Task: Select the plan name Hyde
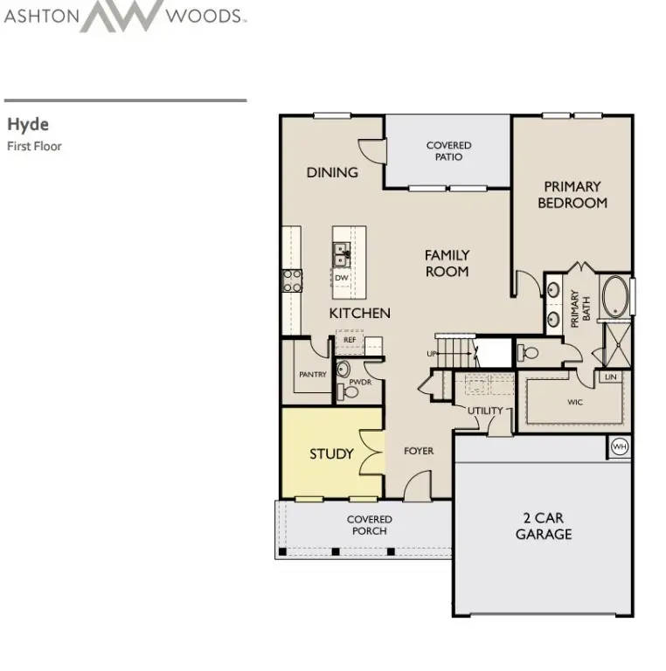coord(27,125)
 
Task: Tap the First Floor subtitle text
coord(34,146)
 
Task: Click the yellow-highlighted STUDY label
coord(331,453)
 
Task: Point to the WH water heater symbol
coord(619,446)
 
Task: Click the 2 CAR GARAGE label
coord(543,526)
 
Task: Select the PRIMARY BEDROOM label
coord(572,195)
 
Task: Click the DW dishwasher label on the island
coord(342,278)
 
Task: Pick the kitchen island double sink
coord(341,255)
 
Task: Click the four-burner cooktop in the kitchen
coord(291,280)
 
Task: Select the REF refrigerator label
coord(349,340)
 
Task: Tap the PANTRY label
coord(312,375)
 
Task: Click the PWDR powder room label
coord(361,383)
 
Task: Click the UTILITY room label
coord(484,411)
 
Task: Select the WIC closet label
coord(574,403)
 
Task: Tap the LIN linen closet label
coord(610,377)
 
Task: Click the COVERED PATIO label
coord(448,151)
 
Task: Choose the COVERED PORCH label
coord(370,525)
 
